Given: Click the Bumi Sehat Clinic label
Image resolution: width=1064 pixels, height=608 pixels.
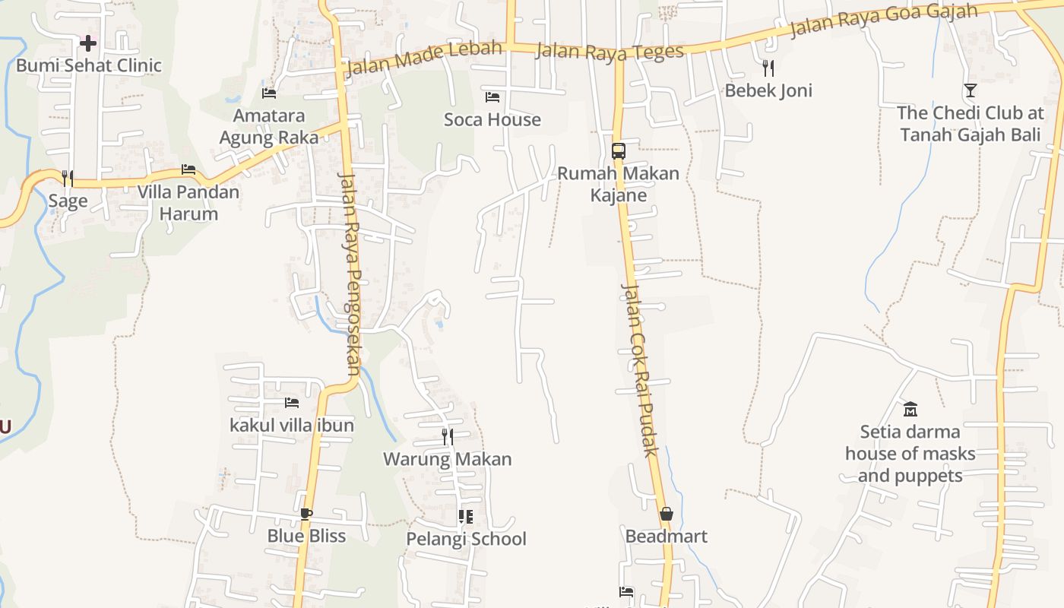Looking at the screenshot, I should click(89, 65).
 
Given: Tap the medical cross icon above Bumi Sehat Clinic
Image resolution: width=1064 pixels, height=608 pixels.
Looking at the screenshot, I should click(88, 43).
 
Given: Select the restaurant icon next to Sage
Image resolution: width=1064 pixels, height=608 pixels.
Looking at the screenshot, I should click(68, 179).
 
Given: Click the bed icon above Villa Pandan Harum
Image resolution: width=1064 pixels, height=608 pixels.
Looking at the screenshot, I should click(188, 169).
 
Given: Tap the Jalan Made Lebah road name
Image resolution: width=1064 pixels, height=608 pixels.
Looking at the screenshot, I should click(424, 58).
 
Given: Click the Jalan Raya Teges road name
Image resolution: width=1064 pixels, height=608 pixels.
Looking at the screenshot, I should click(610, 52).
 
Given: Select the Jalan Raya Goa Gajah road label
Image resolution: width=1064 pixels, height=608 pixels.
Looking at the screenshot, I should click(884, 20).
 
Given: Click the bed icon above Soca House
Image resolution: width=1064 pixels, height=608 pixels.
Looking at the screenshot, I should click(492, 97).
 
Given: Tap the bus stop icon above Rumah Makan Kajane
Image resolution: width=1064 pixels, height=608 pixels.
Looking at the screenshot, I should click(619, 150).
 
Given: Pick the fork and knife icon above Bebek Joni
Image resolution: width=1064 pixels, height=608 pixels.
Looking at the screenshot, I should click(768, 68).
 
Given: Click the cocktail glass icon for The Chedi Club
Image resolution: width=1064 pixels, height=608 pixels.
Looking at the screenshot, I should click(971, 90).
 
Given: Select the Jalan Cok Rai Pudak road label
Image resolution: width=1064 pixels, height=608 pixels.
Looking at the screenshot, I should click(639, 369).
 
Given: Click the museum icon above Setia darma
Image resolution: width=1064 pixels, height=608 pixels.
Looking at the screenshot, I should click(910, 410).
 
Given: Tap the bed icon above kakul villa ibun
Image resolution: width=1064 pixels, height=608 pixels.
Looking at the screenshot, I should click(292, 403).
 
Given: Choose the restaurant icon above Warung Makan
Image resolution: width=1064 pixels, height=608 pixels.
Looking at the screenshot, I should click(448, 437).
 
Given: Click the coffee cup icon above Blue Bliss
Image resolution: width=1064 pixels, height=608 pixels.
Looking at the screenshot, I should click(306, 514).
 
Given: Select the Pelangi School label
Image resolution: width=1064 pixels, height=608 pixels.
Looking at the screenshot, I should click(466, 539).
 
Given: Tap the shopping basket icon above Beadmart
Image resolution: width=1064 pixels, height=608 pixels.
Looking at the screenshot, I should click(667, 515).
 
